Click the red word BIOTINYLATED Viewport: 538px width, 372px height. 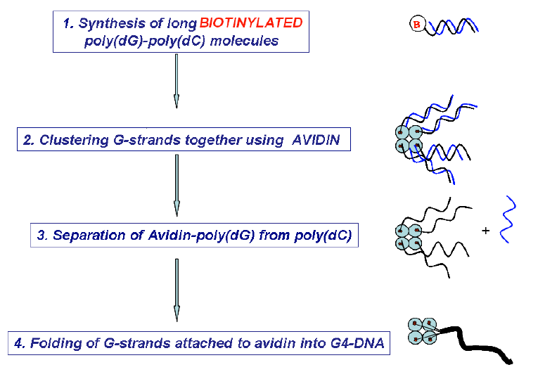tap(251, 23)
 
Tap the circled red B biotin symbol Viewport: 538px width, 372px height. tap(417, 25)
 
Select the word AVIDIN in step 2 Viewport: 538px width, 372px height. tap(316, 140)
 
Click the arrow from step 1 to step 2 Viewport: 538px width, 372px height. tap(177, 81)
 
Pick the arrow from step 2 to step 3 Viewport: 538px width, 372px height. tap(177, 186)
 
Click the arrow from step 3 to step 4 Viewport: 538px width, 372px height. tap(177, 290)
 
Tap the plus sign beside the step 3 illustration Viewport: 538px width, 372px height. tap(485, 230)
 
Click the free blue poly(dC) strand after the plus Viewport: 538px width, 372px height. tap(507, 219)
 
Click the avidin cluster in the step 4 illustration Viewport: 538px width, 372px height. tap(422, 331)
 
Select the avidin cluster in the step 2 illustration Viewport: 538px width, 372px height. tap(409, 139)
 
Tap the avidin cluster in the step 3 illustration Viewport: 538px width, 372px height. tap(409, 237)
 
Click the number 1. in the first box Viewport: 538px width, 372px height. tap(68, 23)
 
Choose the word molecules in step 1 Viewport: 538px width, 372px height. tap(244, 41)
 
